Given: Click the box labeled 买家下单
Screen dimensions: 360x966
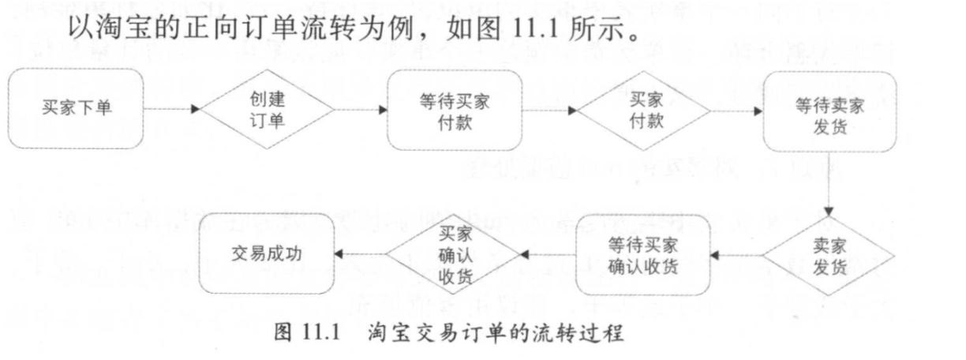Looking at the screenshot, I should click(77, 108).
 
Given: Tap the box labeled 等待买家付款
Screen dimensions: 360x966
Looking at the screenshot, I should click(455, 111).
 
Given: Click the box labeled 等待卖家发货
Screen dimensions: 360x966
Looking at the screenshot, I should click(829, 111).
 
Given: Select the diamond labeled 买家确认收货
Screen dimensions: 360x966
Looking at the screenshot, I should click(453, 255).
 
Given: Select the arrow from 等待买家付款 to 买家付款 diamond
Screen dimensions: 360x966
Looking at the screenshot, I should click(549, 111).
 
